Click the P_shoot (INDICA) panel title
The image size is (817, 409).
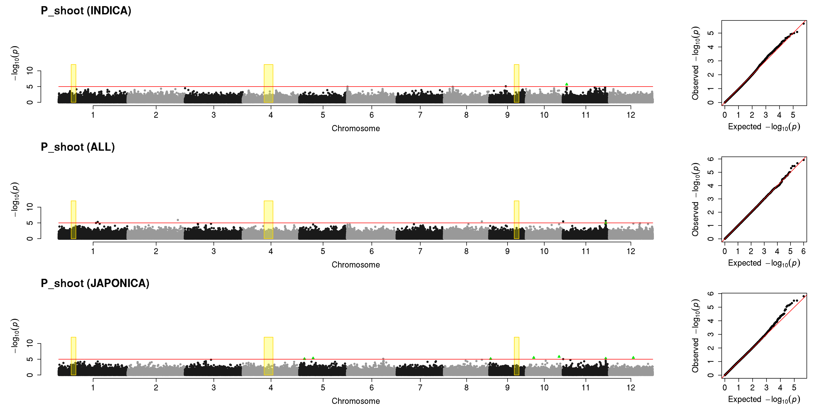(86, 11)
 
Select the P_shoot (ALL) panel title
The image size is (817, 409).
(78, 147)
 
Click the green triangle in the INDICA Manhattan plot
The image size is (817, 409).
(566, 84)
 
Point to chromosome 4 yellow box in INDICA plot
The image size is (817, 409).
(268, 84)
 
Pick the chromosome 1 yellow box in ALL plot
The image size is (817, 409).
(73, 220)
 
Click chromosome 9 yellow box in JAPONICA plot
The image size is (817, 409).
(516, 356)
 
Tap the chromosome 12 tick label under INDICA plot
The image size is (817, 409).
(631, 115)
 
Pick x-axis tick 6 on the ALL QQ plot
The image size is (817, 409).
(803, 251)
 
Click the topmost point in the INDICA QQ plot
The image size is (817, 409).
(803, 24)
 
